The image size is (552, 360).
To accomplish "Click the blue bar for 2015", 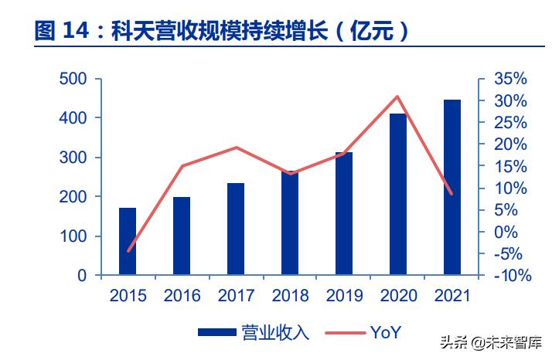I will click(x=128, y=241).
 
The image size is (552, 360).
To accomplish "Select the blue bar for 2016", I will click(x=182, y=236).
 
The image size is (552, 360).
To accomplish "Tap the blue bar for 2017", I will click(x=236, y=229).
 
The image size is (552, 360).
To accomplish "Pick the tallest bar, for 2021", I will click(x=452, y=187).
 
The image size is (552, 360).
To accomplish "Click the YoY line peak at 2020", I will click(x=398, y=97).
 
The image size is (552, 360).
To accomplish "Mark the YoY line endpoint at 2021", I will click(x=452, y=194).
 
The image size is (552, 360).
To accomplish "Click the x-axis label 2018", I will click(x=290, y=296).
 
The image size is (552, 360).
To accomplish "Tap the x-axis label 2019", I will click(x=344, y=296).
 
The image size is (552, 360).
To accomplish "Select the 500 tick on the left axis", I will click(x=72, y=79).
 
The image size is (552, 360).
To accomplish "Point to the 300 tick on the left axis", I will click(x=72, y=158).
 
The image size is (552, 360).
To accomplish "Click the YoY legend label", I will click(x=386, y=333).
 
